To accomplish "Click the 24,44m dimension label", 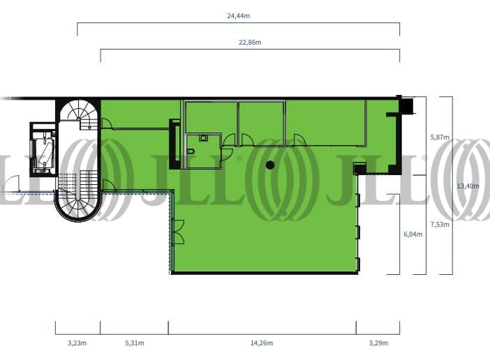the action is pos(239,15).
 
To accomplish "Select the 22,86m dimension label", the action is pos(250,42).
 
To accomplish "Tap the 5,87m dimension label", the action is pos(440,137).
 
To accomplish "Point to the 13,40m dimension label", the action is pos(468,186).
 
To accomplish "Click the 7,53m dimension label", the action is pos(440,224).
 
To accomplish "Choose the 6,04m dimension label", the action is pos(413,234).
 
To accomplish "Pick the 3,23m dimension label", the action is pos(77,343).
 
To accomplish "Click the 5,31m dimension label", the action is pos(135,343).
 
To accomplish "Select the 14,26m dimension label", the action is pos(262,343).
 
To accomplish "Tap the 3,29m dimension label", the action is pos(378,343).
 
